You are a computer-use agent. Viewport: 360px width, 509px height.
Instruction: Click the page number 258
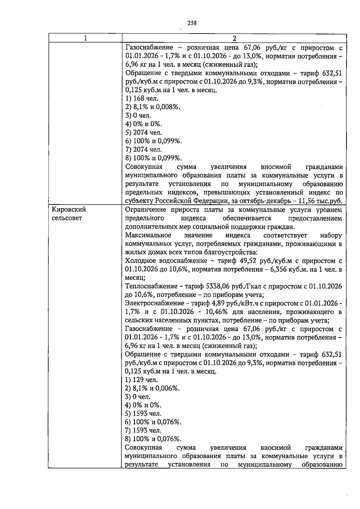pyautogui.click(x=192, y=23)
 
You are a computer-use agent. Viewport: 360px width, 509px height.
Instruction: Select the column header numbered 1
pyautogui.click(x=85, y=38)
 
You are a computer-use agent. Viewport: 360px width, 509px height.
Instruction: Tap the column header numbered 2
pyautogui.click(x=234, y=38)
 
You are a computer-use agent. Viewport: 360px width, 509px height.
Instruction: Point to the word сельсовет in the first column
pyautogui.click(x=67, y=218)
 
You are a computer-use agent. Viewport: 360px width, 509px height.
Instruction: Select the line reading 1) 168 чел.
pyautogui.click(x=142, y=98)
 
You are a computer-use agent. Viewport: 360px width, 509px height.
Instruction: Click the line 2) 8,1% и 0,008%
pyautogui.click(x=153, y=107)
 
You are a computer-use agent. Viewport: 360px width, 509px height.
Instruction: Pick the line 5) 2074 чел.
pyautogui.click(x=143, y=132)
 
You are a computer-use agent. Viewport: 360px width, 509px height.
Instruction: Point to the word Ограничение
pyautogui.click(x=145, y=210)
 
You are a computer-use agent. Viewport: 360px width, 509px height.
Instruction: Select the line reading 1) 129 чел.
pyautogui.click(x=141, y=380)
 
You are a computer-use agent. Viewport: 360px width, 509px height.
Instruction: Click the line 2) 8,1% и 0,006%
pyautogui.click(x=152, y=388)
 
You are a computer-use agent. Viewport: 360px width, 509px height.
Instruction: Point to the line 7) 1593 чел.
pyautogui.click(x=143, y=431)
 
